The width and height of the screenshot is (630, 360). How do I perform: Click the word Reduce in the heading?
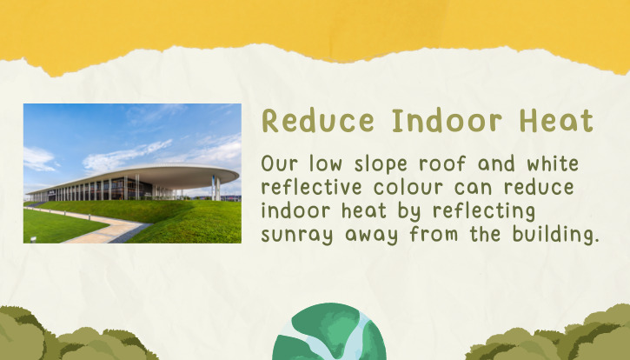pos(318,120)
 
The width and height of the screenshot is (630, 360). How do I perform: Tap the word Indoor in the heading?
pos(447,120)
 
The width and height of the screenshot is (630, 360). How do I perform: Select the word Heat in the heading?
pos(556,120)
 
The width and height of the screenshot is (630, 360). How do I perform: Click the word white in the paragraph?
pos(553,163)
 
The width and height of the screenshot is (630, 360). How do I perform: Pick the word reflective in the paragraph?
pos(311,187)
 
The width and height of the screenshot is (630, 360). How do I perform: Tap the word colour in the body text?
pos(408,187)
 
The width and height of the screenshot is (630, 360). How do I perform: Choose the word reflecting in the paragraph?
pos(484,211)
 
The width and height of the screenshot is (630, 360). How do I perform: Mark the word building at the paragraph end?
pos(555,235)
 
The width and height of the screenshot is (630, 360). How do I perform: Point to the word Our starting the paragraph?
pos(280,164)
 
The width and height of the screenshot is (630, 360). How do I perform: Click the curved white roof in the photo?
pos(161,175)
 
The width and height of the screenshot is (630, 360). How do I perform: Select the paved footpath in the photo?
pos(101,227)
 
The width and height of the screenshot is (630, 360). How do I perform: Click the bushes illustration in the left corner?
pos(76,334)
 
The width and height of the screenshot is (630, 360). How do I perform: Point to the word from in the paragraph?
pos(434,235)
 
